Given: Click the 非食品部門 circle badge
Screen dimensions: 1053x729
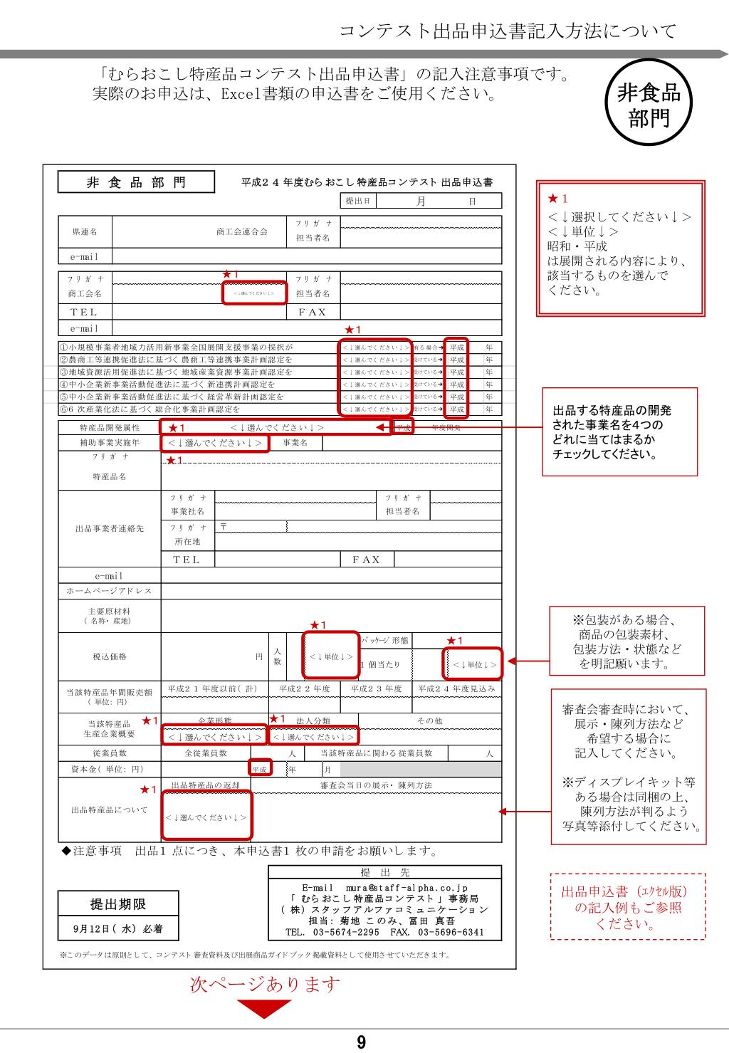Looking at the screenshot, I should click(648, 104).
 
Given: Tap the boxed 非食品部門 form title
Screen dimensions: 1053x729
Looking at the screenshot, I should click(136, 182).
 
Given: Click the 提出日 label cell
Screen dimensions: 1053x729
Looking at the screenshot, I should click(357, 201).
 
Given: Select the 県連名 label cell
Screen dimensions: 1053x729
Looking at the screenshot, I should click(85, 232).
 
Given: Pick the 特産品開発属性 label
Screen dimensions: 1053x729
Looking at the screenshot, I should click(110, 428).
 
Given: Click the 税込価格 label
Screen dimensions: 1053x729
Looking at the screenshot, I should click(110, 656).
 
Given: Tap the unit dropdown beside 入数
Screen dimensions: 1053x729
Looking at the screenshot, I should click(330, 656).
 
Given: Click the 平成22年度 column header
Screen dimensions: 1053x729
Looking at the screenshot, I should click(305, 688).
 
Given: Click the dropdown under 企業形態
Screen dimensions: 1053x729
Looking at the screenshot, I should click(214, 736).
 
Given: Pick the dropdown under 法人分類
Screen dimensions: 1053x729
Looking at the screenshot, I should click(313, 736).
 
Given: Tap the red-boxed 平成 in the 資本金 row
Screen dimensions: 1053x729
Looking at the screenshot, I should click(260, 769).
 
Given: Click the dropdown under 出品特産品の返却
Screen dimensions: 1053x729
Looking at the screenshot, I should click(206, 817).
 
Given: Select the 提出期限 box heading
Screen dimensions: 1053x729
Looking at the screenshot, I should click(118, 904).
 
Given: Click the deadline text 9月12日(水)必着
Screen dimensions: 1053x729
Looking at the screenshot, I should click(118, 929).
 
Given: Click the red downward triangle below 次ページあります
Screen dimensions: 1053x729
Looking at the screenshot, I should click(264, 1008).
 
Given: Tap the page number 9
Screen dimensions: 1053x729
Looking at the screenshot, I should click(362, 1043).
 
